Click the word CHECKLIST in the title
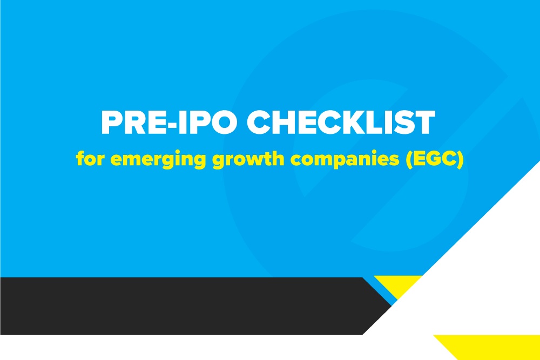[341, 122]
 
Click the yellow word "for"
[90, 158]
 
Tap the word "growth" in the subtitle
[248, 160]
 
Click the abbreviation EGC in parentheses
[435, 159]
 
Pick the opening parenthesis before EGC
[409, 160]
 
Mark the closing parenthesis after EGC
[461, 160]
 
